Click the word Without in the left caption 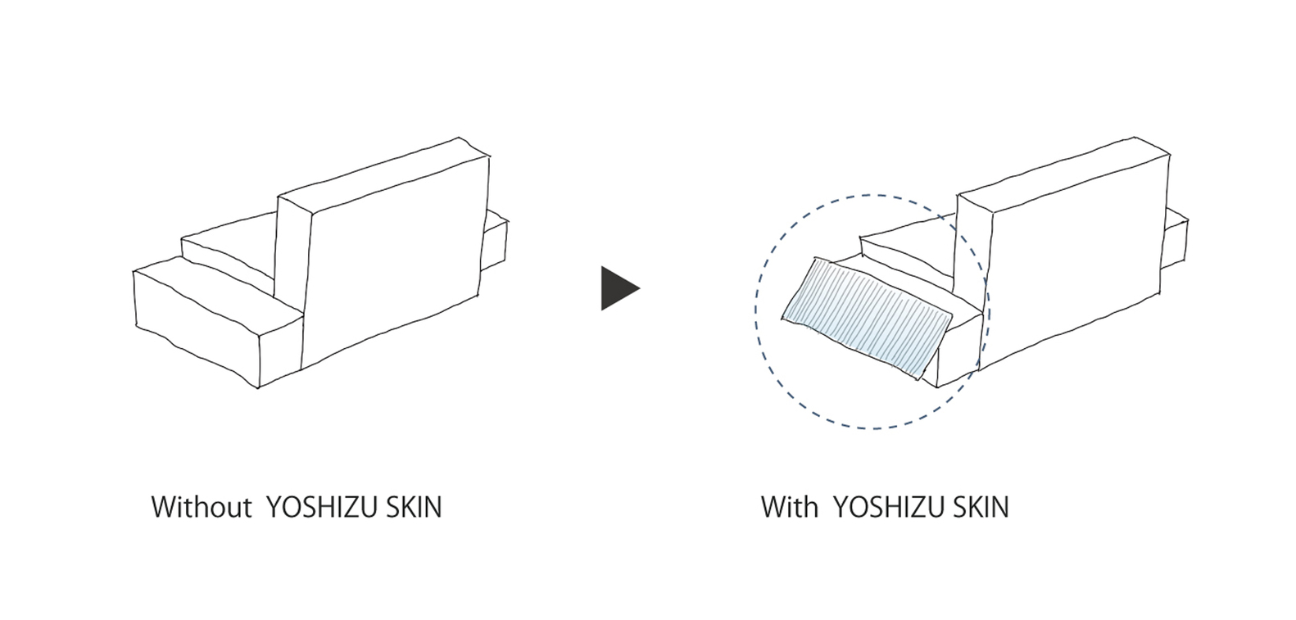(201, 507)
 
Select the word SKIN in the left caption (414, 507)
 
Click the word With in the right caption (789, 507)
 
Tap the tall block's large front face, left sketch (393, 262)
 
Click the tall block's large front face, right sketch (1073, 262)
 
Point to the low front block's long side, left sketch (197, 332)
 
